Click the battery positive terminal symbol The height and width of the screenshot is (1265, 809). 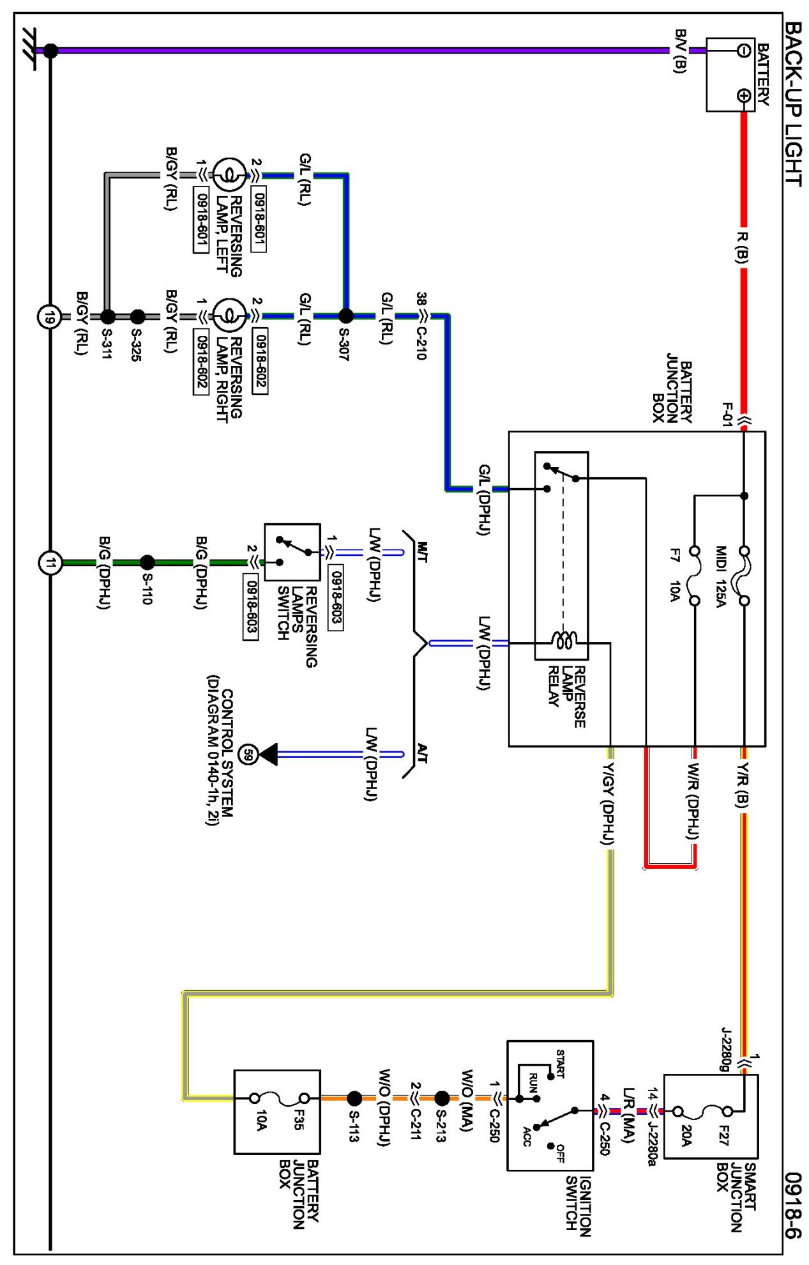click(x=743, y=96)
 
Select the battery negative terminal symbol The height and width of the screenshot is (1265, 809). click(x=743, y=50)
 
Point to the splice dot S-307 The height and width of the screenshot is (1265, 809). click(x=345, y=316)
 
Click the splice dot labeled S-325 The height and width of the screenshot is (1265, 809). click(x=137, y=316)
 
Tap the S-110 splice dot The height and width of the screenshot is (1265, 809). click(x=147, y=562)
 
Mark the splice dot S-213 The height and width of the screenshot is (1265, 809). click(x=442, y=1098)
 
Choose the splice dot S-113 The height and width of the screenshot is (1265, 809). click(x=354, y=1098)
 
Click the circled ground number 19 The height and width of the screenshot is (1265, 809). click(x=49, y=316)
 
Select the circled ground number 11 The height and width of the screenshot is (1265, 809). click(x=50, y=563)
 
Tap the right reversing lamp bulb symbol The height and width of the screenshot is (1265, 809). click(x=228, y=316)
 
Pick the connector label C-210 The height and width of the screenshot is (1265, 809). click(x=421, y=344)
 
